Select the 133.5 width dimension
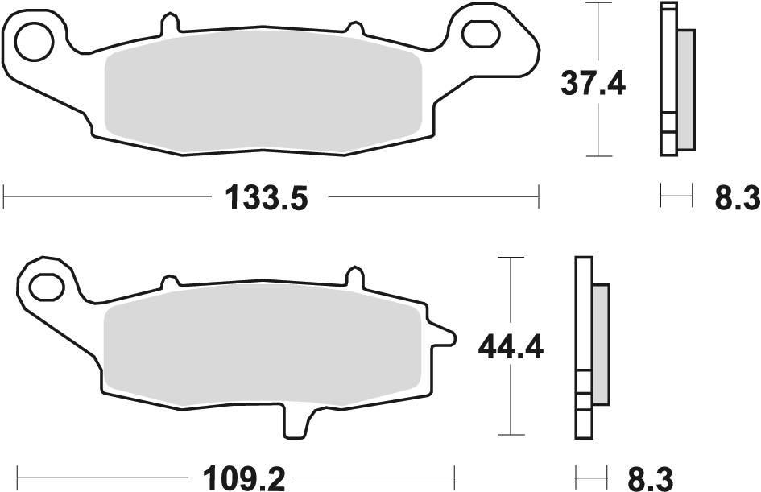(267, 196)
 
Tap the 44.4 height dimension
(511, 347)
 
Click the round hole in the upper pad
(34, 42)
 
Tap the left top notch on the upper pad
(168, 25)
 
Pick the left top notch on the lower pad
(170, 282)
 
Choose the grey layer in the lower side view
(601, 344)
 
